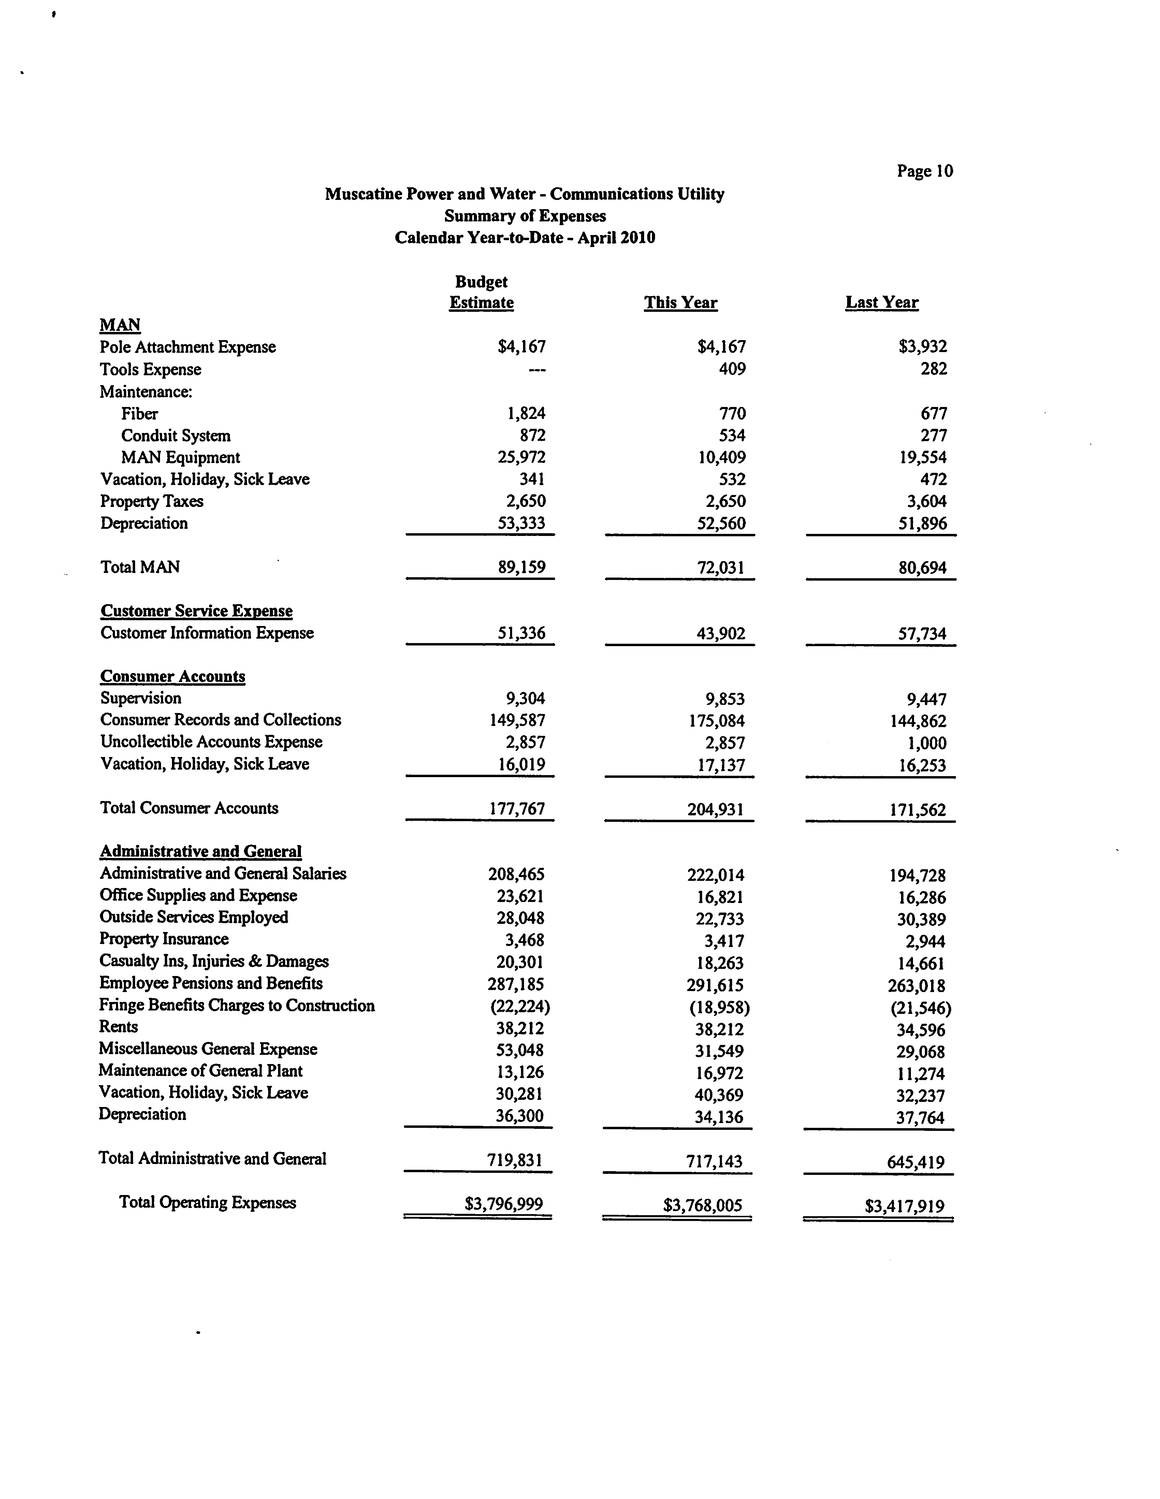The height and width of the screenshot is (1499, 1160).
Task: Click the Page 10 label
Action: coord(925,171)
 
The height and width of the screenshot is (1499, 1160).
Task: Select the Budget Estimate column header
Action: coord(481,292)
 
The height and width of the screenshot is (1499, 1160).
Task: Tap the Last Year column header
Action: coord(881,303)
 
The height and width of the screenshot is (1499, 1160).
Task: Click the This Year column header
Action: coord(680,303)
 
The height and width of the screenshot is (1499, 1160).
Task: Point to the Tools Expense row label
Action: coord(150,369)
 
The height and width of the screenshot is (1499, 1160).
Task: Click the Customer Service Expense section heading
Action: coord(196,611)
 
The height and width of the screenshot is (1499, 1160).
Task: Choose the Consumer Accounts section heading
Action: coord(172,676)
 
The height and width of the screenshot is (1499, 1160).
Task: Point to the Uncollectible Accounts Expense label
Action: coord(211,742)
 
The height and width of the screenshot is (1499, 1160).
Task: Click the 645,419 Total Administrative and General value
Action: coord(916,1162)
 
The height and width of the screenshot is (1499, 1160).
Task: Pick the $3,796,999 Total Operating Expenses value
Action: coord(504,1204)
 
